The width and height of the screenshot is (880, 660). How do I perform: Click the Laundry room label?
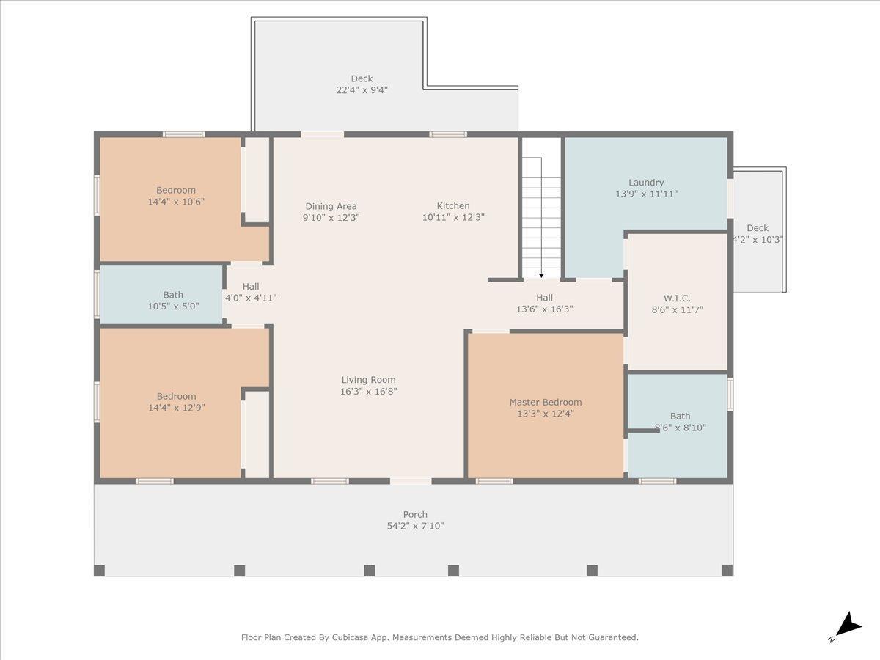point(646,183)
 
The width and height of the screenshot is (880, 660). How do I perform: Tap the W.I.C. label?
point(677,298)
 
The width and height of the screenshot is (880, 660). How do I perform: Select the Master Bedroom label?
point(546,402)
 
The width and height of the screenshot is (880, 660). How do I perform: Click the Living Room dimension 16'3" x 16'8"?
point(368,391)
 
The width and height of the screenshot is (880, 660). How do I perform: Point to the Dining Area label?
point(331,206)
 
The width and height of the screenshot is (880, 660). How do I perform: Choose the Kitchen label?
point(453,205)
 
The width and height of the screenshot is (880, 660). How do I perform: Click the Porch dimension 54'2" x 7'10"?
point(415,526)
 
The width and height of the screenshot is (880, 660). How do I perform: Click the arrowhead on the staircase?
point(541,275)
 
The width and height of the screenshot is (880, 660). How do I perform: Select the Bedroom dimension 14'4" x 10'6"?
point(176,202)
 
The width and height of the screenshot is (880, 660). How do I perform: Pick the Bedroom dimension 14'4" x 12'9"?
point(177,408)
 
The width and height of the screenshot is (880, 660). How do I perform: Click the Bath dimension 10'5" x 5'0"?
point(173,307)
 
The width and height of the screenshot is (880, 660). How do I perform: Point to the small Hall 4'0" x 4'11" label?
point(251,292)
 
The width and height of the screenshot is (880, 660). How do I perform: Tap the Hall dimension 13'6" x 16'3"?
point(544,309)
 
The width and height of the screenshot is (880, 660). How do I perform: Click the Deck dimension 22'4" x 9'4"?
point(362,89)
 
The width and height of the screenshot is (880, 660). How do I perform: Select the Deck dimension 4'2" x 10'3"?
point(758,240)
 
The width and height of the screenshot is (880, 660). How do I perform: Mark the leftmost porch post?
point(99,571)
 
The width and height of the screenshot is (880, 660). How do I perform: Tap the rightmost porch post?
point(727,571)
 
